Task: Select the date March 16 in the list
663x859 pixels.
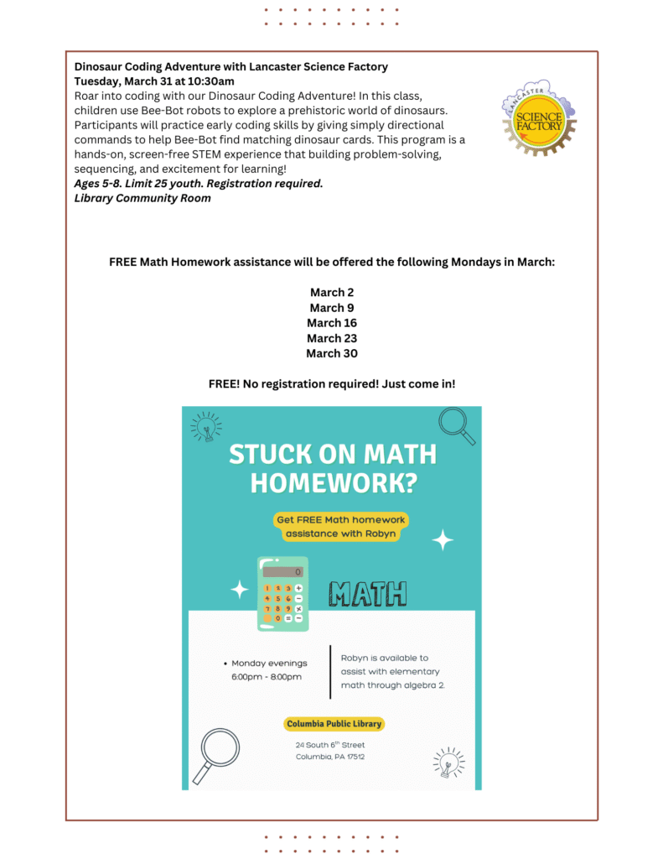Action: point(331,323)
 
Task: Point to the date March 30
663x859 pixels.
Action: point(331,353)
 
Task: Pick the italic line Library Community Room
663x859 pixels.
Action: point(142,199)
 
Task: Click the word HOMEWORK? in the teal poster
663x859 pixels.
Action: point(333,483)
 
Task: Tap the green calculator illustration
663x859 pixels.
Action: point(282,594)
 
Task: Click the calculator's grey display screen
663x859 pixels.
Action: point(282,571)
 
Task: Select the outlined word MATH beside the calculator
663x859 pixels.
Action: point(367,594)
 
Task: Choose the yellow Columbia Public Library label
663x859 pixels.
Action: point(334,724)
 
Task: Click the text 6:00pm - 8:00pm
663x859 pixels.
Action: point(267,676)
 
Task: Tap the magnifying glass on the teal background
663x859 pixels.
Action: point(457,425)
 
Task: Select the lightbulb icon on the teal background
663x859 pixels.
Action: point(205,426)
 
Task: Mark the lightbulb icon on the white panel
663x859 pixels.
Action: point(448,762)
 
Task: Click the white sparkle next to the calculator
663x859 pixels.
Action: point(240,590)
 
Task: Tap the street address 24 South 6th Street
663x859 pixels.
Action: point(329,745)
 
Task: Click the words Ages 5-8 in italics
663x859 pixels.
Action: point(98,184)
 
